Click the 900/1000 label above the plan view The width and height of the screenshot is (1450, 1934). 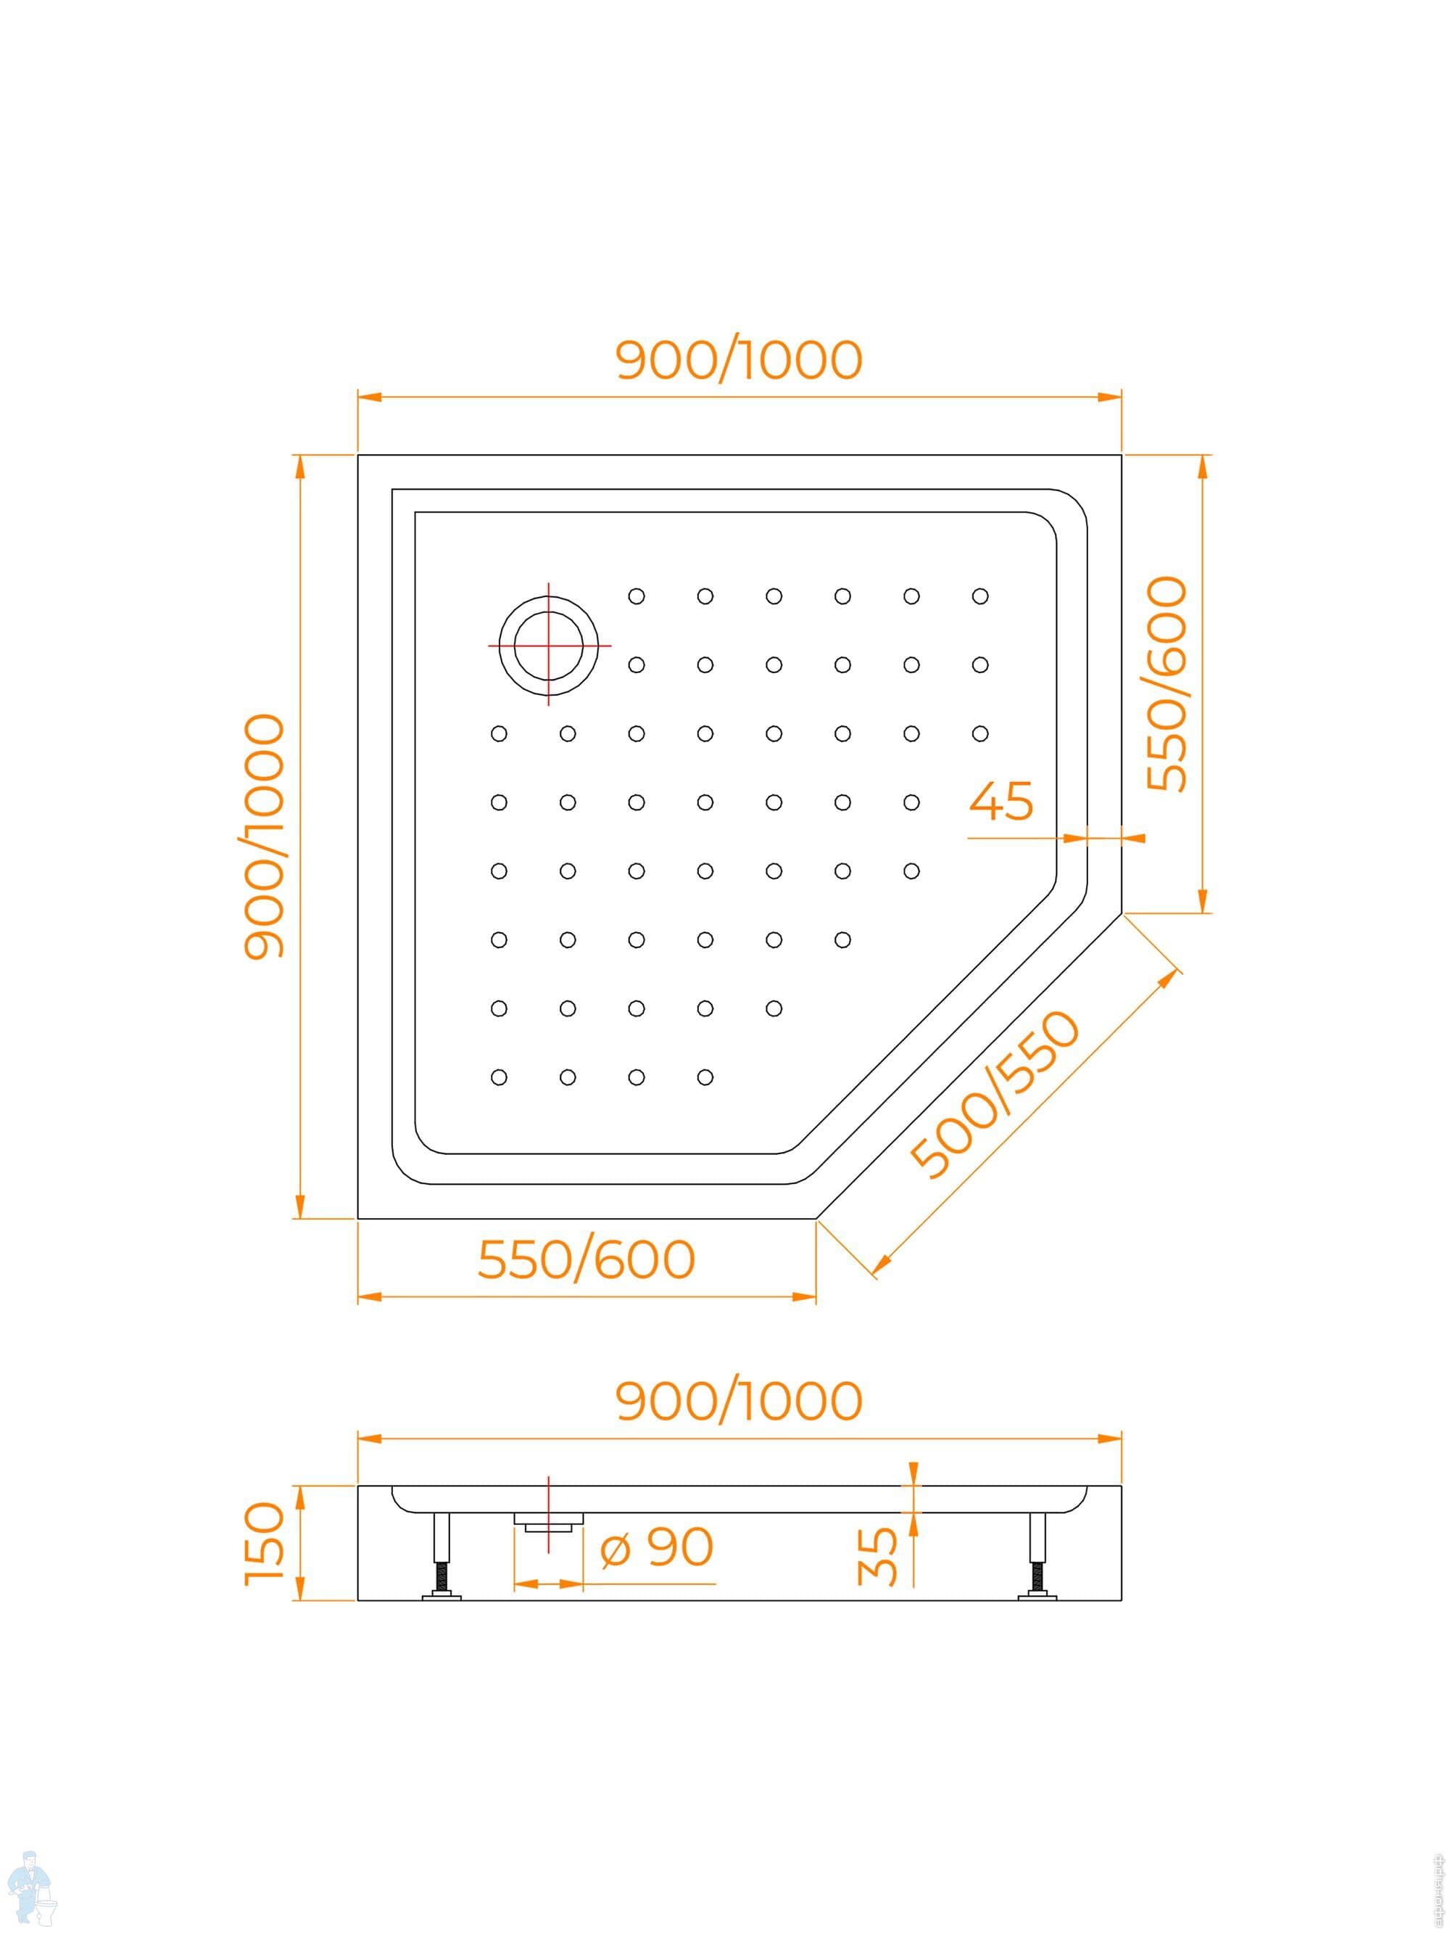pos(739,359)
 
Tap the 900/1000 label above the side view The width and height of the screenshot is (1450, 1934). pos(739,1401)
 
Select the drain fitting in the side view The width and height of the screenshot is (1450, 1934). pos(548,1521)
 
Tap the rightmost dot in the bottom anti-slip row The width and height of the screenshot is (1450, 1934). pos(705,1077)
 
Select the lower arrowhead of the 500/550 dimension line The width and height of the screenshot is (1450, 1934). pos(883,1262)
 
